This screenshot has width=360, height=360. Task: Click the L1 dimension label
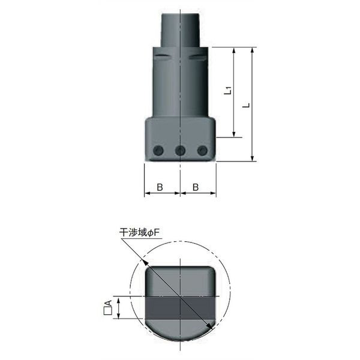coord(227,90)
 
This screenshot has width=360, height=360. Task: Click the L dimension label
coord(246,106)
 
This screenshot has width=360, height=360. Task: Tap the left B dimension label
coord(160,187)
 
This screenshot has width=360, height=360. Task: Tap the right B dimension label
coord(196,187)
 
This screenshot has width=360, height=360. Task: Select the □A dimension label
coord(108,307)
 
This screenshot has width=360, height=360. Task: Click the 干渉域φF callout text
coord(139,233)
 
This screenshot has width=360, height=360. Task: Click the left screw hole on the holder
coord(158,151)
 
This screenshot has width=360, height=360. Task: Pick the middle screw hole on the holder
coord(180,151)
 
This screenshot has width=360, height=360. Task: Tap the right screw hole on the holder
coord(202,151)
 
